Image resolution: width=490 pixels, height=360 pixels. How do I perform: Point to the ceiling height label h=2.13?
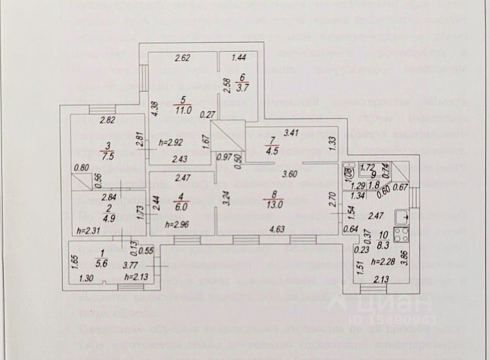point(136,276)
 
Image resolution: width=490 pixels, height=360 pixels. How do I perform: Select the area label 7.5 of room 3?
point(109,156)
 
